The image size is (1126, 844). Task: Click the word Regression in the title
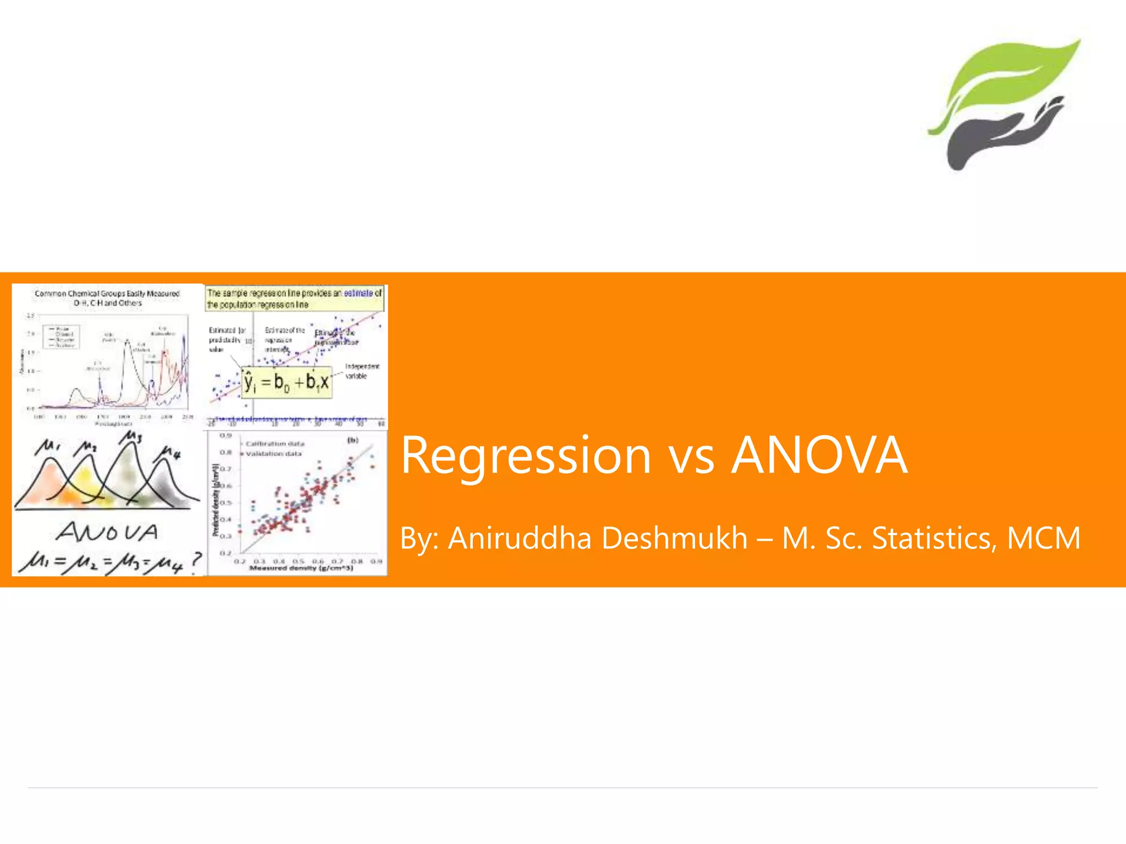[x=526, y=456]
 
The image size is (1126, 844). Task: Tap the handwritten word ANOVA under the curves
[x=107, y=532]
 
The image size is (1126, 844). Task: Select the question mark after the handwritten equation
[x=196, y=560]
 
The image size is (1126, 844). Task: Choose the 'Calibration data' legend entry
[x=274, y=443]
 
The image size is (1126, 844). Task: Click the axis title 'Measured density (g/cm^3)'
[x=301, y=568]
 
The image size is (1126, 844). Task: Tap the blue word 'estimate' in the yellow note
[x=358, y=293]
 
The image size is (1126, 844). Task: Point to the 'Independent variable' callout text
[x=361, y=371]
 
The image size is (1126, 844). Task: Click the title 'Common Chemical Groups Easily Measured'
[x=107, y=294]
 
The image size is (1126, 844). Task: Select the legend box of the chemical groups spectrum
[x=62, y=336]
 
